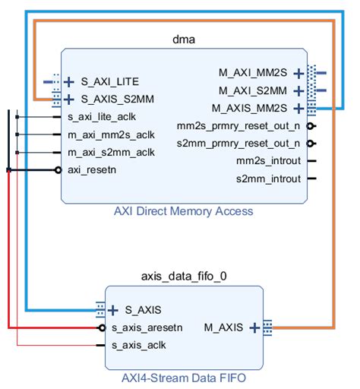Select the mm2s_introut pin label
click(x=268, y=160)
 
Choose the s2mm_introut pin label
click(x=268, y=179)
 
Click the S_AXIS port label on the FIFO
click(x=143, y=309)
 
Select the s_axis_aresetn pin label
click(x=147, y=327)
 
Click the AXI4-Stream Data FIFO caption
click(x=184, y=376)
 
